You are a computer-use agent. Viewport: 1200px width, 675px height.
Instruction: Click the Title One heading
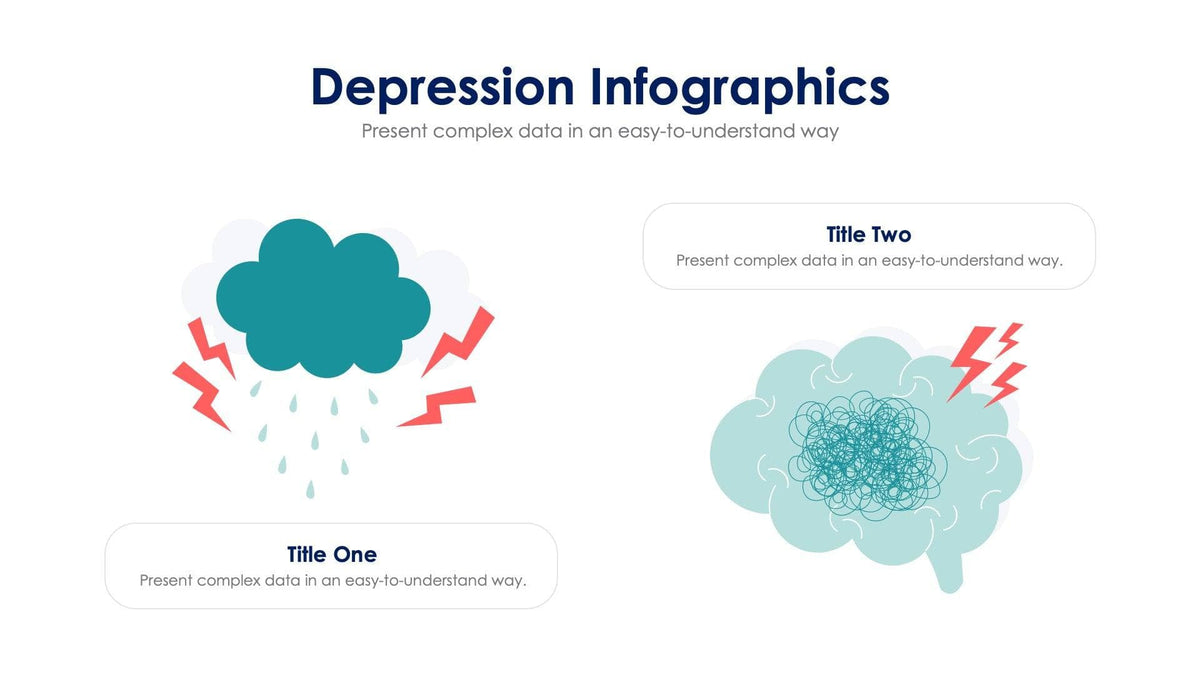tap(331, 554)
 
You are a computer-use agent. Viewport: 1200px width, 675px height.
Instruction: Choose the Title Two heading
tap(869, 235)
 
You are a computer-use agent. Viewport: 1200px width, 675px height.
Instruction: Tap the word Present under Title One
tap(165, 580)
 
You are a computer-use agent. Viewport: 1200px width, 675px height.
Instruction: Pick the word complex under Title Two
tap(765, 260)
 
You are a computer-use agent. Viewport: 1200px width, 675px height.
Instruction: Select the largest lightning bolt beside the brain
tap(970, 358)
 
